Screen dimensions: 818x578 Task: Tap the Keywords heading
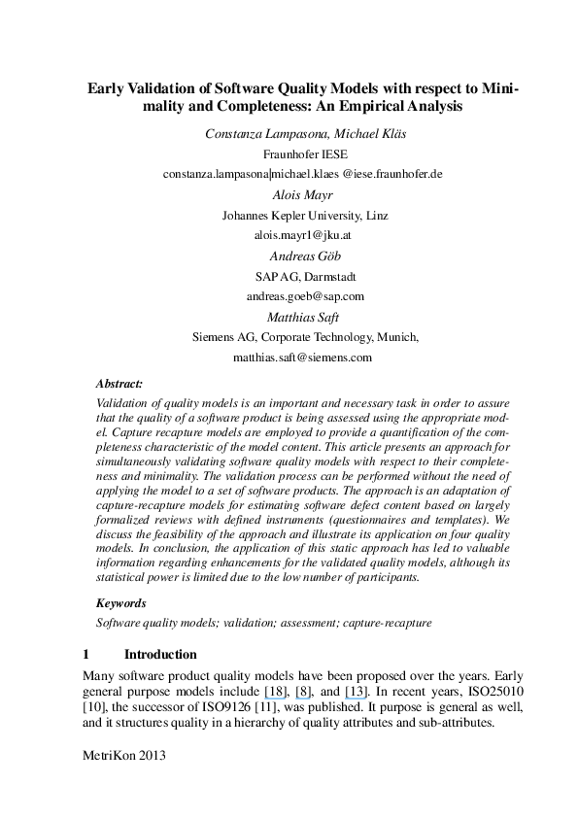pos(121,602)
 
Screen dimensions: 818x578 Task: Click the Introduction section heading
pos(160,654)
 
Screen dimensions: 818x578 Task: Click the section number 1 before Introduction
pos(86,654)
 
